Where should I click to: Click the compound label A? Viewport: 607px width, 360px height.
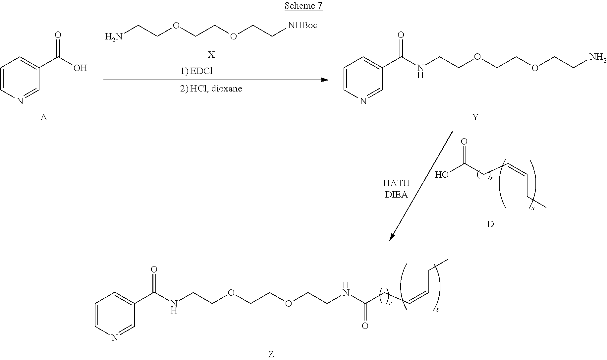[43, 117]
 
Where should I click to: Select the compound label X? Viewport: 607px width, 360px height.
[211, 55]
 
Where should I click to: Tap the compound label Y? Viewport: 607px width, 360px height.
[475, 117]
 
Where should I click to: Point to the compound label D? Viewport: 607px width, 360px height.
[490, 224]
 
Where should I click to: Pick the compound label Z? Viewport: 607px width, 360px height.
[271, 354]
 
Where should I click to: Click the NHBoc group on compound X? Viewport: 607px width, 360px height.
[303, 25]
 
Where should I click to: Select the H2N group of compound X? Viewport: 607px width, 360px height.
[113, 36]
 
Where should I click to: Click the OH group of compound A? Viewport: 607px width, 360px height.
[80, 68]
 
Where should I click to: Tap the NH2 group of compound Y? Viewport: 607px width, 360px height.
[597, 58]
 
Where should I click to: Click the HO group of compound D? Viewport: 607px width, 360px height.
[442, 175]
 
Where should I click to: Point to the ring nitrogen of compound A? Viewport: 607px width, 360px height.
[20, 101]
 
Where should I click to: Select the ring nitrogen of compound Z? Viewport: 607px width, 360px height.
[114, 338]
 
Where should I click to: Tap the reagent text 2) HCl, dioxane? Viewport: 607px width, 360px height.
[211, 89]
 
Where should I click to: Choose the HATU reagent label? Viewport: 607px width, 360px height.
[396, 183]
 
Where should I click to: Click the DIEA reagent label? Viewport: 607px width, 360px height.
[396, 195]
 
